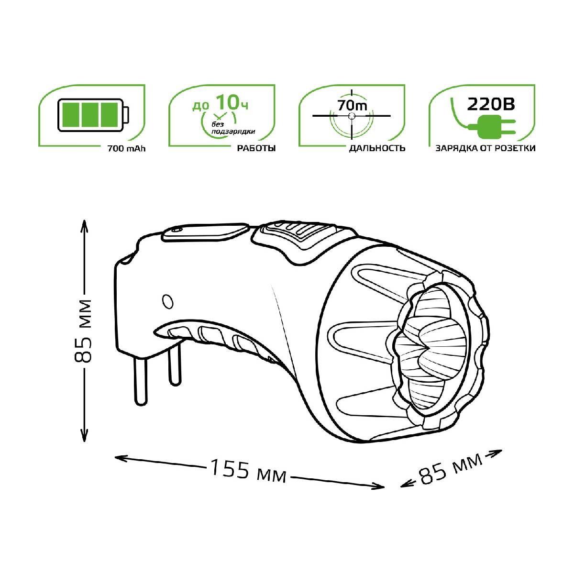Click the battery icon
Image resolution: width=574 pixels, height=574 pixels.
[93, 115]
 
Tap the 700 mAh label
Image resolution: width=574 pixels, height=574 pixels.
[127, 148]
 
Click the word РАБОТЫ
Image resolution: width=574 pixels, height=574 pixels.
[256, 148]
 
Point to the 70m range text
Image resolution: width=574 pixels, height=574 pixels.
[352, 105]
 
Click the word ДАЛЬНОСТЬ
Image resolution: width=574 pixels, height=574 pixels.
[377, 148]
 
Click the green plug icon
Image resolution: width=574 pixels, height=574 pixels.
[493, 127]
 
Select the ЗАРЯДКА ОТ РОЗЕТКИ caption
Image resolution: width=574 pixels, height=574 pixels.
[486, 148]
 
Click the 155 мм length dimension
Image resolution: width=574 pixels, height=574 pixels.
[248, 471]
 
